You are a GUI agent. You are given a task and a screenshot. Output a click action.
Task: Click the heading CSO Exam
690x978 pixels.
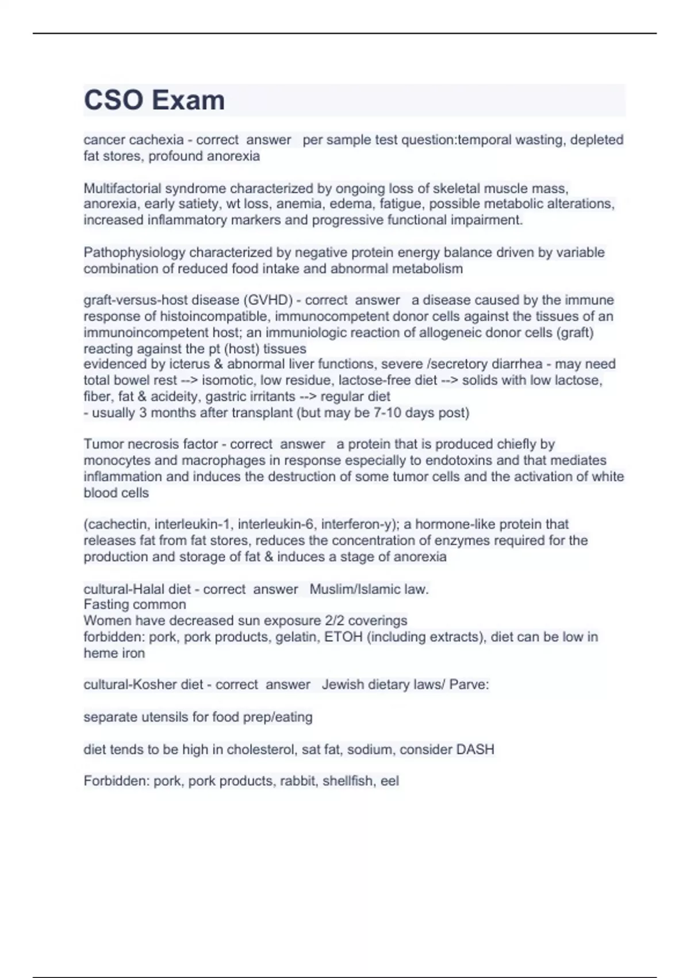154,100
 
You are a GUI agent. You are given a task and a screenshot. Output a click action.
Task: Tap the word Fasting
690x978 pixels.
105,605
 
